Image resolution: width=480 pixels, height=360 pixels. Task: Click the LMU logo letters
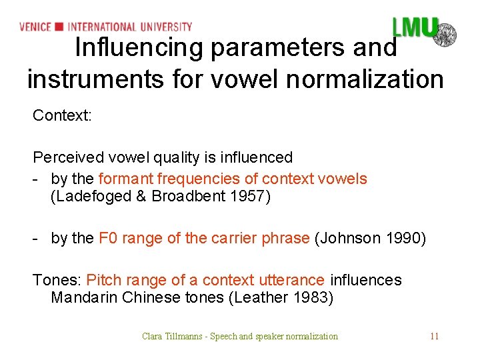414,27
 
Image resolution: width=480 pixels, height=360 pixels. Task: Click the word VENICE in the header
35,27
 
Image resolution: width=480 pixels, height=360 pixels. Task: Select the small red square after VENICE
59,27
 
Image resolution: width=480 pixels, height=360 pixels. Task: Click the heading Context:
62,115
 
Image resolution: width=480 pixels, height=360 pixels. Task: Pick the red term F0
108,239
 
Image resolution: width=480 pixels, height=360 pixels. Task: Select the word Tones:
57,280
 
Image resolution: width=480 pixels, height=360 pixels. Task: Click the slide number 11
435,336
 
